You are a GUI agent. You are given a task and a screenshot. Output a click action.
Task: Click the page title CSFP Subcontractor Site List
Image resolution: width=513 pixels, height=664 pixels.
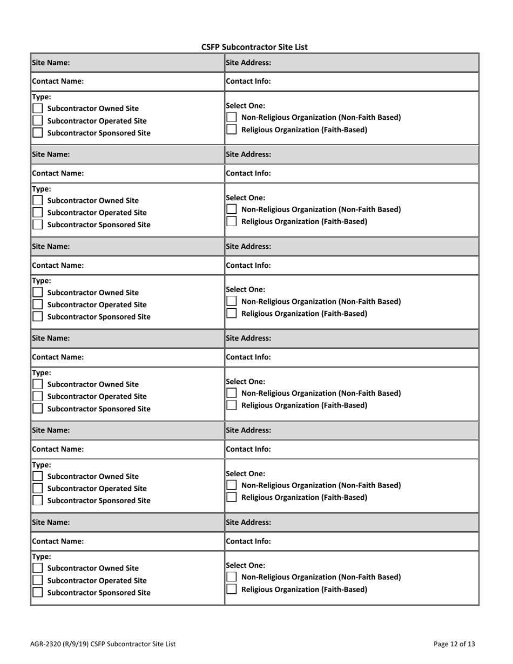254,47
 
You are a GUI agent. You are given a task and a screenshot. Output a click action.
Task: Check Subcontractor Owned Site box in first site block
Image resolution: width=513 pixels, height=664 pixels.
38,109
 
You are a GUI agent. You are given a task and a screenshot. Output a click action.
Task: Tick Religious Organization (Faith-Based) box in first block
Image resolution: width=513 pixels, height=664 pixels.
231,130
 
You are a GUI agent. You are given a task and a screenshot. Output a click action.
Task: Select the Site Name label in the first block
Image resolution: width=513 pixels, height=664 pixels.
51,63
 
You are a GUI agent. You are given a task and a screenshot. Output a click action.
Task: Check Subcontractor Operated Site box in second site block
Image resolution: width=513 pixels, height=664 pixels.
38,213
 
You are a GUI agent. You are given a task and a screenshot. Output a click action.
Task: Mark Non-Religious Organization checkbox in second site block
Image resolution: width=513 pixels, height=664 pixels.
231,209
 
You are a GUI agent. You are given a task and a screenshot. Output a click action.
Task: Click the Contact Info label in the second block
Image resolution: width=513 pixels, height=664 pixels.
248,173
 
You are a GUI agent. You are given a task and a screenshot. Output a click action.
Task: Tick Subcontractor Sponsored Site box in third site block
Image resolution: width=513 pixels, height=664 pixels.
38,317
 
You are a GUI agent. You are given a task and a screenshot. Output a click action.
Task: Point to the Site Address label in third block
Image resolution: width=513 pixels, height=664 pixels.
248,246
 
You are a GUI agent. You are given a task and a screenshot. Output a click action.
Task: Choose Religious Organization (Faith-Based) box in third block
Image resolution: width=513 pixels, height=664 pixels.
231,313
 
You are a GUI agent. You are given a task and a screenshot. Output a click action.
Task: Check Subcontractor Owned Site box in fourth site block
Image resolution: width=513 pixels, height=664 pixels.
38,384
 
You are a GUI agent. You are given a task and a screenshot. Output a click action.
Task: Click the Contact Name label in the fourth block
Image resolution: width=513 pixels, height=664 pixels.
58,357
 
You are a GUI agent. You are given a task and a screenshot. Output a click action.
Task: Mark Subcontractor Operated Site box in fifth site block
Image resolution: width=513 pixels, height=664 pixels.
38,488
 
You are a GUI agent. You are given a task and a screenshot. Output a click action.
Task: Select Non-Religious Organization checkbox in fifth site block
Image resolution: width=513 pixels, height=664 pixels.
231,485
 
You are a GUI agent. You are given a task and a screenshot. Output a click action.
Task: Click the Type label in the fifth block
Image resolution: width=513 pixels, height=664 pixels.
42,465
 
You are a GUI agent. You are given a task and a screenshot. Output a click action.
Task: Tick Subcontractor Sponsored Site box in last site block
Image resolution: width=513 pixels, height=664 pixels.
38,592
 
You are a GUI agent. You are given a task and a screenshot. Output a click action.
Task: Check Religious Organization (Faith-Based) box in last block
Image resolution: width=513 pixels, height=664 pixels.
231,589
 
